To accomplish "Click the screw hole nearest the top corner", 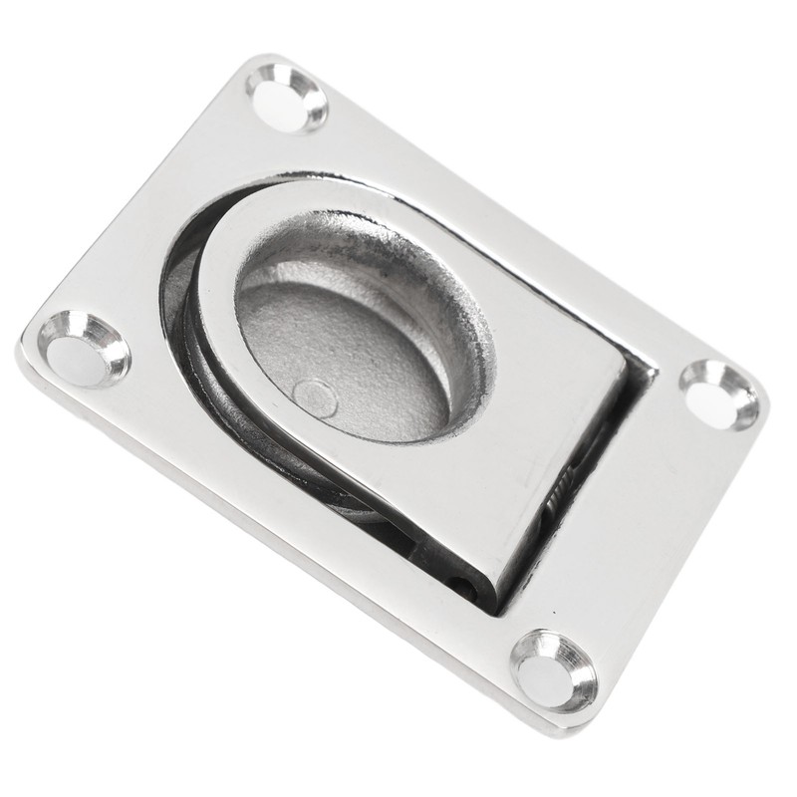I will pyautogui.click(x=287, y=97).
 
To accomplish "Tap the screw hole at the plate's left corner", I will pyautogui.click(x=84, y=349).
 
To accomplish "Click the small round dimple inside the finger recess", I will pyautogui.click(x=316, y=399).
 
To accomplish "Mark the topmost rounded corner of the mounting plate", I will pyautogui.click(x=261, y=62).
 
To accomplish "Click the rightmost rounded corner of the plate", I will pyautogui.click(x=762, y=403).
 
